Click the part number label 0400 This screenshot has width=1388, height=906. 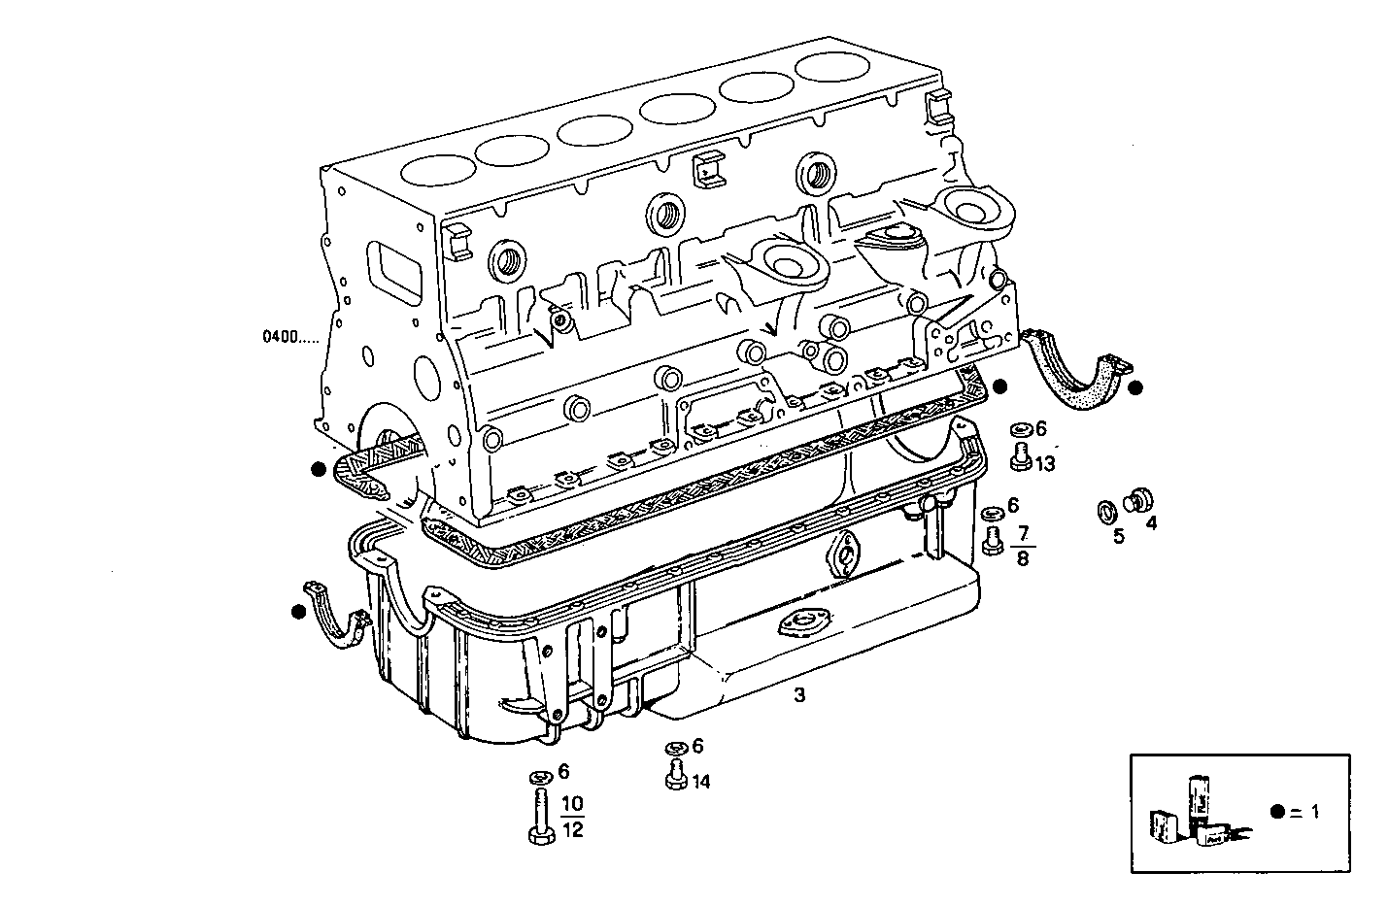click(288, 338)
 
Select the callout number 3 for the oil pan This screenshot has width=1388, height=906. click(798, 695)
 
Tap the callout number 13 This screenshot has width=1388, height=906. click(1044, 464)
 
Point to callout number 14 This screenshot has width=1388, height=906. click(701, 781)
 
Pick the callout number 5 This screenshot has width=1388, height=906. click(1118, 536)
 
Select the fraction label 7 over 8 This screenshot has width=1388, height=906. click(1023, 545)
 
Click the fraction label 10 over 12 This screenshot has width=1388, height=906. click(573, 816)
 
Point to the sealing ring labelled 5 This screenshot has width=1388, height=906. click(1105, 511)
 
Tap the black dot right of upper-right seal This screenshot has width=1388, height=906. click(1135, 387)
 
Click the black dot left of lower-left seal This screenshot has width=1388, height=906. click(298, 612)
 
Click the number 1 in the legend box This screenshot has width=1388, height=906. click(1315, 812)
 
